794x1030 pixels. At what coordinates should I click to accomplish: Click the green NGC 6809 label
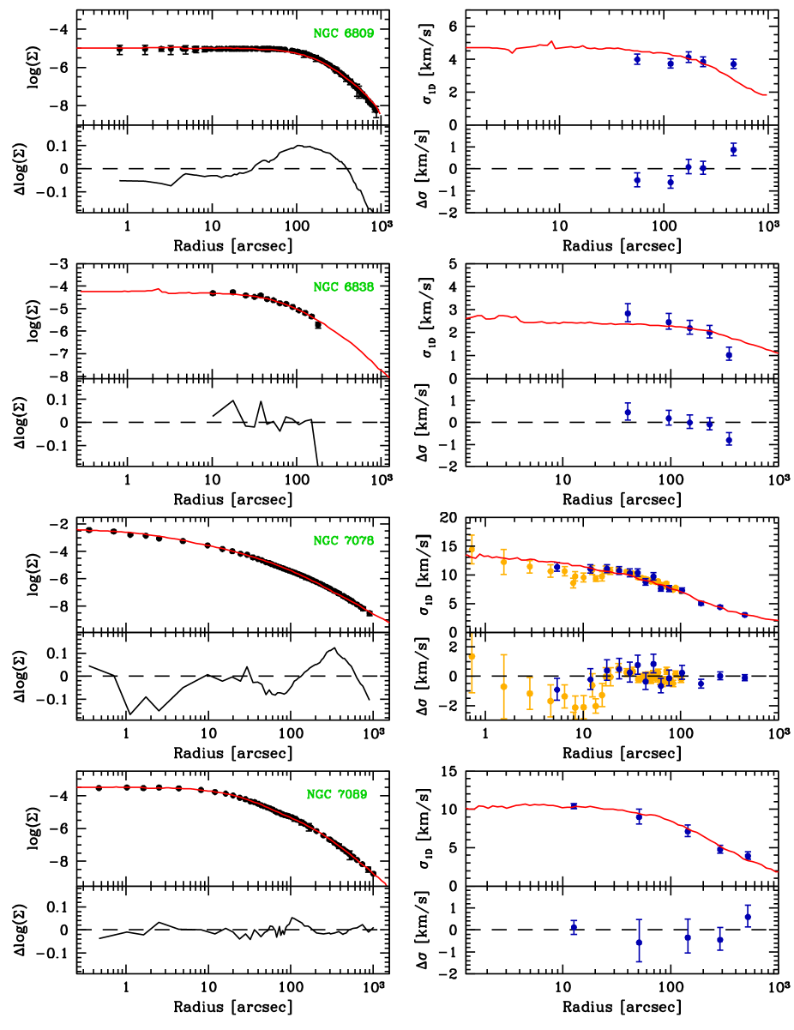click(x=343, y=33)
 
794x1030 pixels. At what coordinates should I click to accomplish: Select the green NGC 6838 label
click(x=343, y=287)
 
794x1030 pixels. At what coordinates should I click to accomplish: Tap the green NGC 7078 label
click(x=343, y=541)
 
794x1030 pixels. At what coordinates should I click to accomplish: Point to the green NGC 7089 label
click(x=337, y=795)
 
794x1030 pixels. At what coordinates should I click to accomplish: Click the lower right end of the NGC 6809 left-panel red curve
click(x=379, y=112)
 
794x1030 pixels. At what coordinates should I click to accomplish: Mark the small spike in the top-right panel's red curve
click(x=551, y=41)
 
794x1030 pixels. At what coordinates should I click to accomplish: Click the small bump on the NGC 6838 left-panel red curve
click(x=159, y=289)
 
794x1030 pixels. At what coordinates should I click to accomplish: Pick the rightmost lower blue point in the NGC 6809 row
click(x=733, y=149)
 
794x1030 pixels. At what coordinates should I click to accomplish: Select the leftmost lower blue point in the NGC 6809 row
click(x=637, y=179)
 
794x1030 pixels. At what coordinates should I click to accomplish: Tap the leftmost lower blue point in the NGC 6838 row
click(x=628, y=412)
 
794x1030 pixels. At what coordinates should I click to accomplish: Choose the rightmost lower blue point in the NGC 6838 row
click(x=729, y=438)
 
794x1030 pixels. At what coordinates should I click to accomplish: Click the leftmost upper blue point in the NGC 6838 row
click(x=628, y=313)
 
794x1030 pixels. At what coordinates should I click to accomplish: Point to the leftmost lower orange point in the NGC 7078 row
click(x=472, y=656)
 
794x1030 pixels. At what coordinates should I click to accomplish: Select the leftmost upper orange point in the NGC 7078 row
click(x=472, y=550)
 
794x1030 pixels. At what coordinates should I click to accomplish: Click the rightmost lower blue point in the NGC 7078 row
click(x=745, y=678)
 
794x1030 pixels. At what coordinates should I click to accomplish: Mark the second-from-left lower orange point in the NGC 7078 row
click(x=503, y=686)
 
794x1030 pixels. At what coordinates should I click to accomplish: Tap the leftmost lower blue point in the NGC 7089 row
click(x=574, y=927)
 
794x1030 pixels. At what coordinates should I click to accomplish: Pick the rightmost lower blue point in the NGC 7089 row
click(x=748, y=916)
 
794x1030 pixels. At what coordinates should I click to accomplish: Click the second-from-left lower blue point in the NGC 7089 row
click(x=639, y=941)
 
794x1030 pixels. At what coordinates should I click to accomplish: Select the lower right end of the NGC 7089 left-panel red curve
click(x=386, y=883)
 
